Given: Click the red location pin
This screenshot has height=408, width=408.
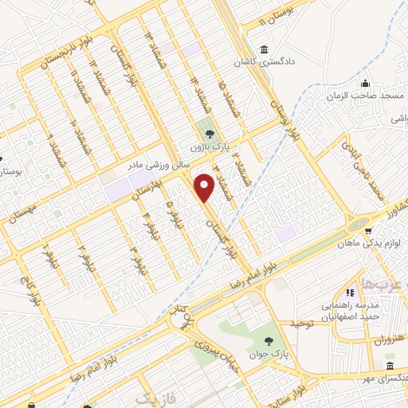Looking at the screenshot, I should coord(206,186).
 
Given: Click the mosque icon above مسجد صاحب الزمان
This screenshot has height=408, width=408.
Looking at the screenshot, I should coord(365,84).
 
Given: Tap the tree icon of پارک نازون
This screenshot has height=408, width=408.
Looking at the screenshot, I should coord(210,134).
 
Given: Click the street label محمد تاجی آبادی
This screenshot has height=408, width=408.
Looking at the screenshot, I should coord(372,173).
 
